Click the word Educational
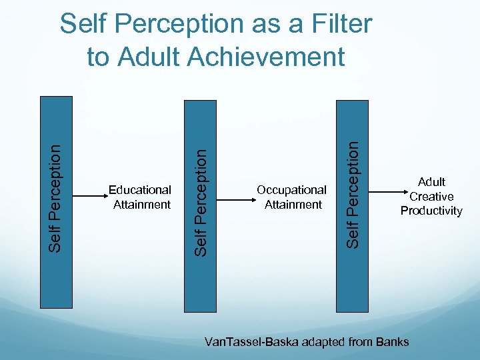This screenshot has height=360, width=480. pyautogui.click(x=140, y=190)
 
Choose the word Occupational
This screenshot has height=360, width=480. pyautogui.click(x=291, y=190)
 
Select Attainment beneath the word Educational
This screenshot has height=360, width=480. pyautogui.click(x=142, y=205)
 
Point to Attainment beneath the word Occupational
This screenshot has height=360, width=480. pyautogui.click(x=293, y=205)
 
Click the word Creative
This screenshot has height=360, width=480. pyautogui.click(x=431, y=196)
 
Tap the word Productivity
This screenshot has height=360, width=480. pyautogui.click(x=431, y=211)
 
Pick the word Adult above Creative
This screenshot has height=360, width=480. pyautogui.click(x=431, y=181)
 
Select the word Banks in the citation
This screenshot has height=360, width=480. pyautogui.click(x=394, y=342)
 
